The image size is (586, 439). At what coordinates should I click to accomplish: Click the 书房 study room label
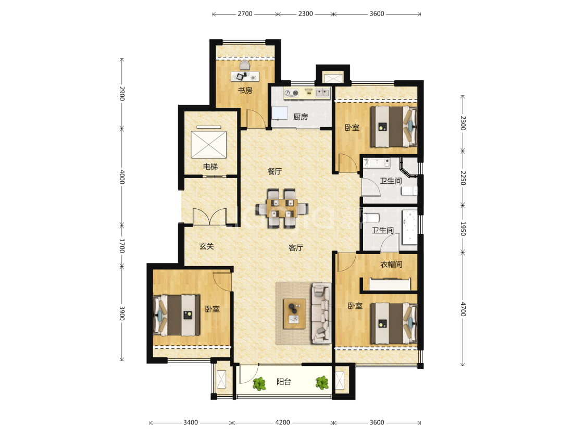click(245, 91)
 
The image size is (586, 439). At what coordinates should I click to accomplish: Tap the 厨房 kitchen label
click(301, 117)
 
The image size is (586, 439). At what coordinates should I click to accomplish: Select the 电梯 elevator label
click(210, 167)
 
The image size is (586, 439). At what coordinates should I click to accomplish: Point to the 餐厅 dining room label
click(275, 171)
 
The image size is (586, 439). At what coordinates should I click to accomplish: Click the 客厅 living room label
click(296, 248)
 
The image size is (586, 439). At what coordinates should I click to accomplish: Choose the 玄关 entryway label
click(206, 246)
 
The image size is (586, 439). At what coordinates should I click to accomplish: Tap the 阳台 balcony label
click(284, 382)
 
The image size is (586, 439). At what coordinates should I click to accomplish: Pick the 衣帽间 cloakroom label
click(391, 264)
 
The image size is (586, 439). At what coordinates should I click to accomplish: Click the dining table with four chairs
click(282, 208)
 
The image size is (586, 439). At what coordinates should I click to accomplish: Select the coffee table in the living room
click(294, 313)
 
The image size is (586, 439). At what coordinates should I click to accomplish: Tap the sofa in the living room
click(321, 313)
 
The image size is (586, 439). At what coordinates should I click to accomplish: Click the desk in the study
click(245, 76)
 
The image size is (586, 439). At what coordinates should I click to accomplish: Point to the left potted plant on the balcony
click(258, 383)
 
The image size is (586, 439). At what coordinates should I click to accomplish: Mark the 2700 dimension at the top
click(245, 14)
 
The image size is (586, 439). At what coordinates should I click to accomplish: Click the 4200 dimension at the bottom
click(282, 422)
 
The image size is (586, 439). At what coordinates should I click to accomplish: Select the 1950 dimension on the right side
click(463, 229)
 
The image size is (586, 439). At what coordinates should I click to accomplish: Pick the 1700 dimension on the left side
click(122, 246)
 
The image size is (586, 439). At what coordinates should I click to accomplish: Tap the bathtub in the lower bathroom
click(409, 228)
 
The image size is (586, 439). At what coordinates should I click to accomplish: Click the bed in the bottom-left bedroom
click(177, 315)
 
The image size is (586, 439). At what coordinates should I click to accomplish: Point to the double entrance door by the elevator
click(210, 217)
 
